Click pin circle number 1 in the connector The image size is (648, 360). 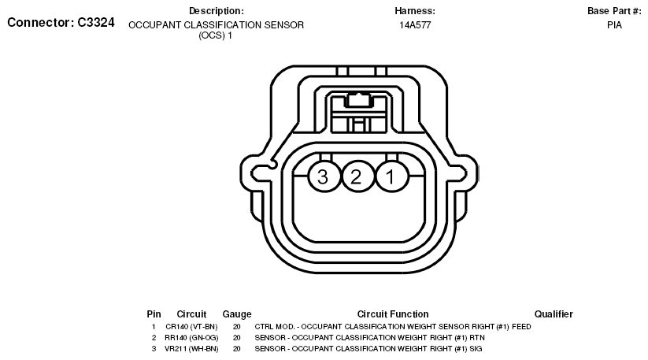click(x=392, y=176)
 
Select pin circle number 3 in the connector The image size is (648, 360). click(x=324, y=176)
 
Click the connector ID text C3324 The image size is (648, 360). click(x=96, y=22)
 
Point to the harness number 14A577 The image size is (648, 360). click(x=415, y=25)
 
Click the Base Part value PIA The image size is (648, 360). click(x=614, y=25)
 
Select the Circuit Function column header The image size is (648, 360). click(x=393, y=314)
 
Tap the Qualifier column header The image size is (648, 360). click(x=554, y=314)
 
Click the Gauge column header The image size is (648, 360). click(x=237, y=314)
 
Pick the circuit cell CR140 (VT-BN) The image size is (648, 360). click(x=191, y=327)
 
